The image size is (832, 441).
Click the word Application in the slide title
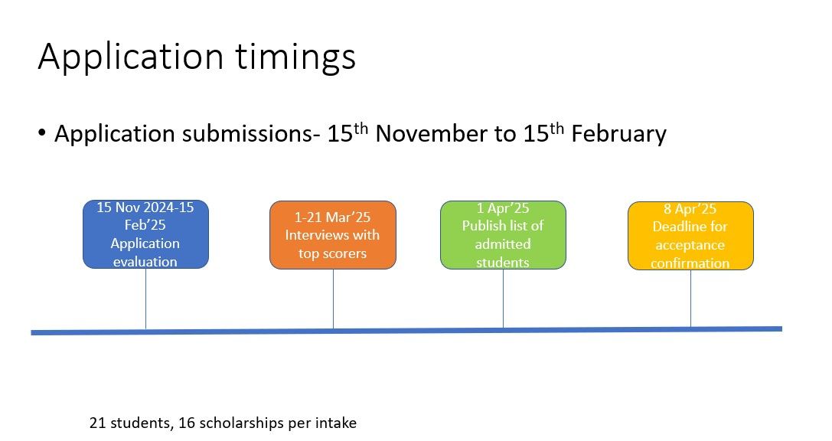click(x=131, y=57)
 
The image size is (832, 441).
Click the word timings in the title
click(x=295, y=57)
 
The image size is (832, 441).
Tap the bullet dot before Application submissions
click(x=42, y=132)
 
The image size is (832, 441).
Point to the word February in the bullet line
click(x=618, y=134)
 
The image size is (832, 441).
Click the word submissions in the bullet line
click(x=247, y=134)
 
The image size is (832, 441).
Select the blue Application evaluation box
click(x=146, y=234)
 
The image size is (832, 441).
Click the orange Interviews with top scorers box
click(x=333, y=234)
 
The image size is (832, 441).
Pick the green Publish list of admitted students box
click(x=503, y=234)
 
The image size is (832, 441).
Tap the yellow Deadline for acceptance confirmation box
click(x=690, y=236)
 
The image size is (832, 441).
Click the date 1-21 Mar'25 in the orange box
click(x=332, y=217)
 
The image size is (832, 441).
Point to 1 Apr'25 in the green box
click(x=503, y=208)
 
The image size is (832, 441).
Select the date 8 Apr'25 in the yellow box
click(x=690, y=209)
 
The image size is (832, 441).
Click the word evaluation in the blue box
click(x=145, y=262)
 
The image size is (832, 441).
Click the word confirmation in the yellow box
click(x=690, y=263)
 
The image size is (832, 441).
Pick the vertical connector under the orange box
click(x=333, y=299)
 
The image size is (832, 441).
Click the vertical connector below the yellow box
click(x=690, y=299)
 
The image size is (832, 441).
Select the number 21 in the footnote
click(x=98, y=423)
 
